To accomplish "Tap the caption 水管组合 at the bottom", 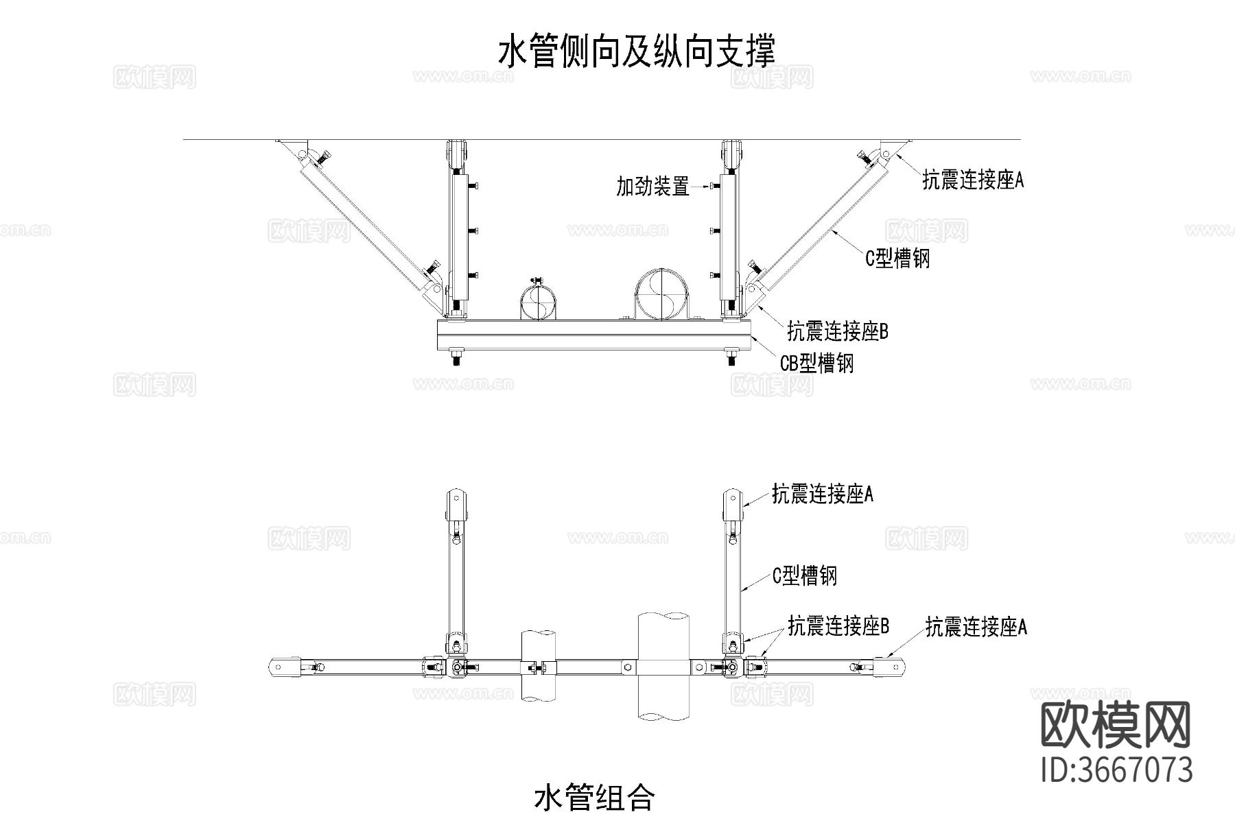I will pyautogui.click(x=594, y=798).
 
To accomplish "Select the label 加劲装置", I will pyautogui.click(x=652, y=186).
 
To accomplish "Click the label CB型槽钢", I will pyautogui.click(x=816, y=362).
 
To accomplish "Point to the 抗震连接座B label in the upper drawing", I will pyautogui.click(x=837, y=332).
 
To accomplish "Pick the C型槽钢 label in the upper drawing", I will pyautogui.click(x=897, y=259).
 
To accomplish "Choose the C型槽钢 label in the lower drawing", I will pyautogui.click(x=805, y=575).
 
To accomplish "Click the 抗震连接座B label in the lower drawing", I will pyautogui.click(x=838, y=626).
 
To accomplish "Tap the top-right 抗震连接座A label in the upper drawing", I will pyautogui.click(x=972, y=180).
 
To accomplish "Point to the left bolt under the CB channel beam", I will pyautogui.click(x=456, y=358).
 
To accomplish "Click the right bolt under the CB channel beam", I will pyautogui.click(x=732, y=358).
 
